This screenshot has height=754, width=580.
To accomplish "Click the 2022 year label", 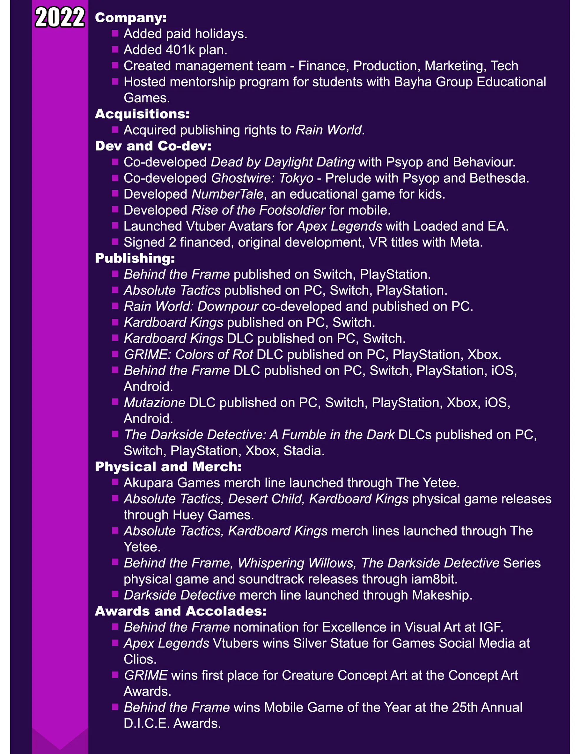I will (60, 17).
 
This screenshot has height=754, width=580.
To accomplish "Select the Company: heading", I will (131, 18).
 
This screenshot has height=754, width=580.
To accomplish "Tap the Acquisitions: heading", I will (142, 114).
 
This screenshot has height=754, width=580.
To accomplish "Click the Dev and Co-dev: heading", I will (153, 146).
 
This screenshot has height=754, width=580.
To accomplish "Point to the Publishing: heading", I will (135, 258).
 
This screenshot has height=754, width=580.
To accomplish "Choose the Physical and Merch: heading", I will (168, 467).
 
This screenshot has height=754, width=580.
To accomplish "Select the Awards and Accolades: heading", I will (181, 611).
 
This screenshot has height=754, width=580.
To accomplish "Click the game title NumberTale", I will (227, 194).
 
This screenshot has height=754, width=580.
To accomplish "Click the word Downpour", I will (227, 307).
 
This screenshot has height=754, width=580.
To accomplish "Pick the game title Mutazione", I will (154, 403).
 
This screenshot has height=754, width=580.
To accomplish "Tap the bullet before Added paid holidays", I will (115, 34).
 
